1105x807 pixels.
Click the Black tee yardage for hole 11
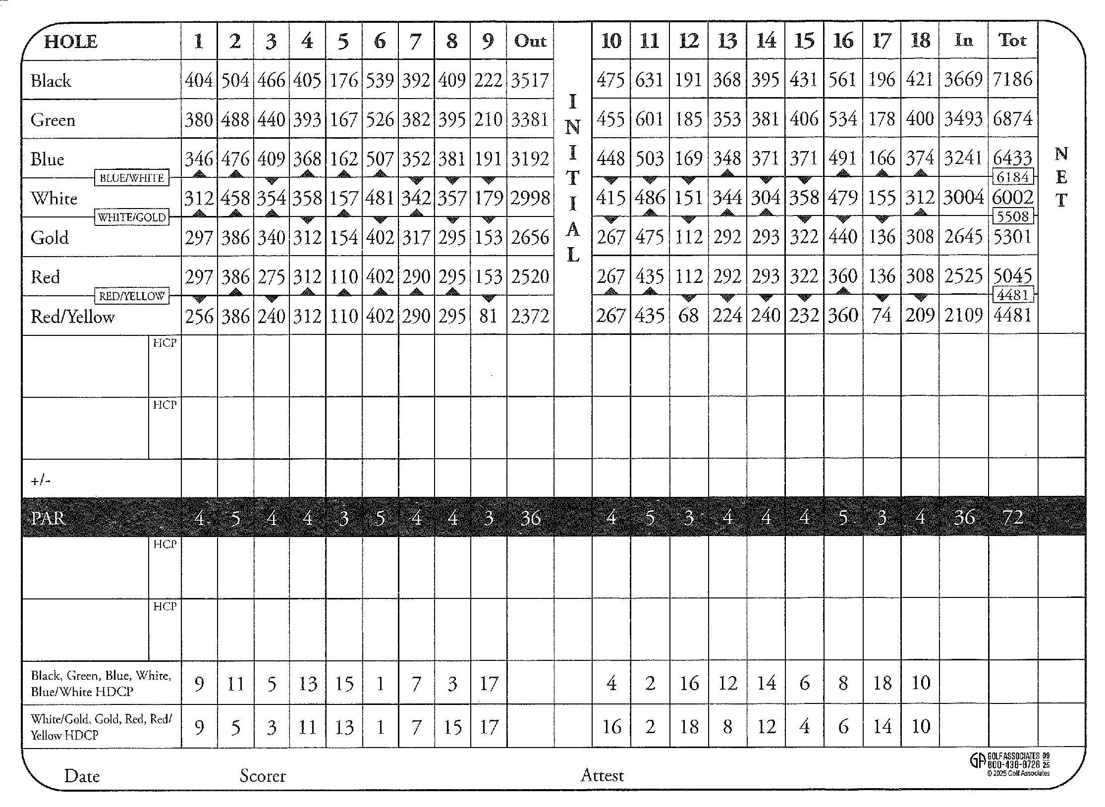click(x=649, y=80)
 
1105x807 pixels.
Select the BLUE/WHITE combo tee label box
click(x=131, y=178)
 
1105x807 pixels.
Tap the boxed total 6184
click(x=1013, y=177)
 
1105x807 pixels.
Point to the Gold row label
click(x=50, y=238)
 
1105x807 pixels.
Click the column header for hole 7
click(x=416, y=41)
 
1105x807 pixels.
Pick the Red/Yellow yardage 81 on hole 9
click(x=488, y=316)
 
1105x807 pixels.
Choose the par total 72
click(x=1013, y=518)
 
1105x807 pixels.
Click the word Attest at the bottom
click(x=602, y=775)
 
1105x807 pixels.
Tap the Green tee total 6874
click(x=1013, y=119)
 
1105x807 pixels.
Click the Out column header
click(x=530, y=41)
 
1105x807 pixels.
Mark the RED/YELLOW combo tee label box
click(x=131, y=296)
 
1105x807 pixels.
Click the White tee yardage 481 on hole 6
click(x=380, y=198)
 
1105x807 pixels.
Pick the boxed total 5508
click(x=1013, y=216)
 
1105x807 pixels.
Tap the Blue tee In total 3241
click(x=963, y=159)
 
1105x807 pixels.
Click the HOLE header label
click(x=70, y=42)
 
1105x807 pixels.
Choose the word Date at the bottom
click(x=82, y=776)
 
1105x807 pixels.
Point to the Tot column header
click(x=1012, y=41)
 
